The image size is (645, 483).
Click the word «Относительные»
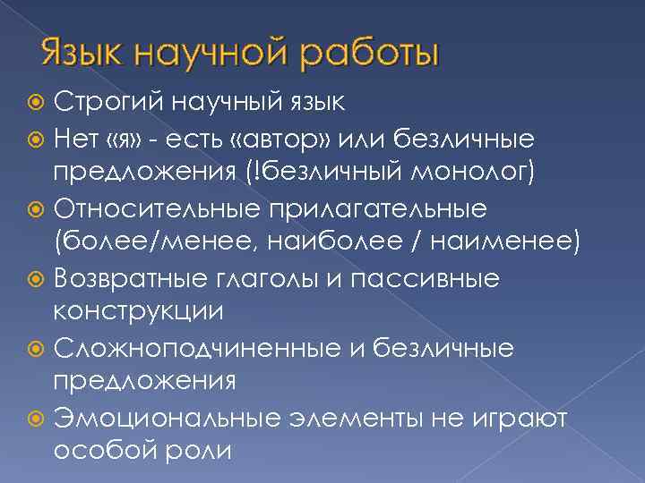(x=158, y=208)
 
